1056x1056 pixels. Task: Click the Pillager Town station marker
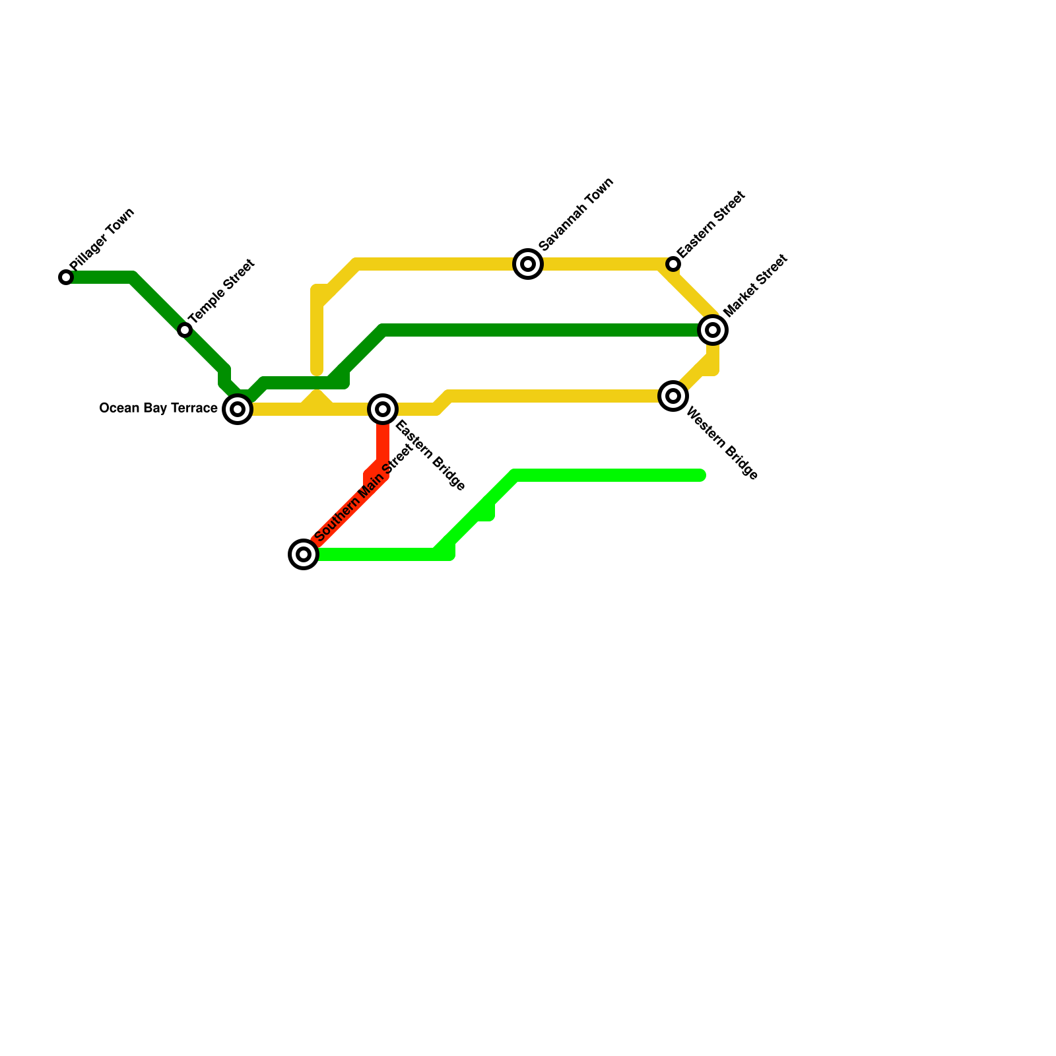[66, 277]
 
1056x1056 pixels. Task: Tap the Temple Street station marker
[185, 330]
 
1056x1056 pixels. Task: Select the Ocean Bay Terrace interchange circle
[238, 409]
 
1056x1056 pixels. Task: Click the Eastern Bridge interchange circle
[383, 409]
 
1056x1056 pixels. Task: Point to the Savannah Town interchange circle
[528, 264]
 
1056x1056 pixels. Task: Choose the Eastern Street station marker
[673, 264]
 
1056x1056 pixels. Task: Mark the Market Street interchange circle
[713, 329]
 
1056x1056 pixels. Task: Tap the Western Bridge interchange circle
[673, 396]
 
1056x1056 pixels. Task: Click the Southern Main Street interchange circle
[304, 554]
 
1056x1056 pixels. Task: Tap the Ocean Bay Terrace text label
[158, 409]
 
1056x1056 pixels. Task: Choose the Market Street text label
[755, 285]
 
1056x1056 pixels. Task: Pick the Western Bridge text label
[722, 444]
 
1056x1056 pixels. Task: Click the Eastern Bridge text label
[430, 455]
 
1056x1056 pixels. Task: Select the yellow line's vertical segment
[317, 330]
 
